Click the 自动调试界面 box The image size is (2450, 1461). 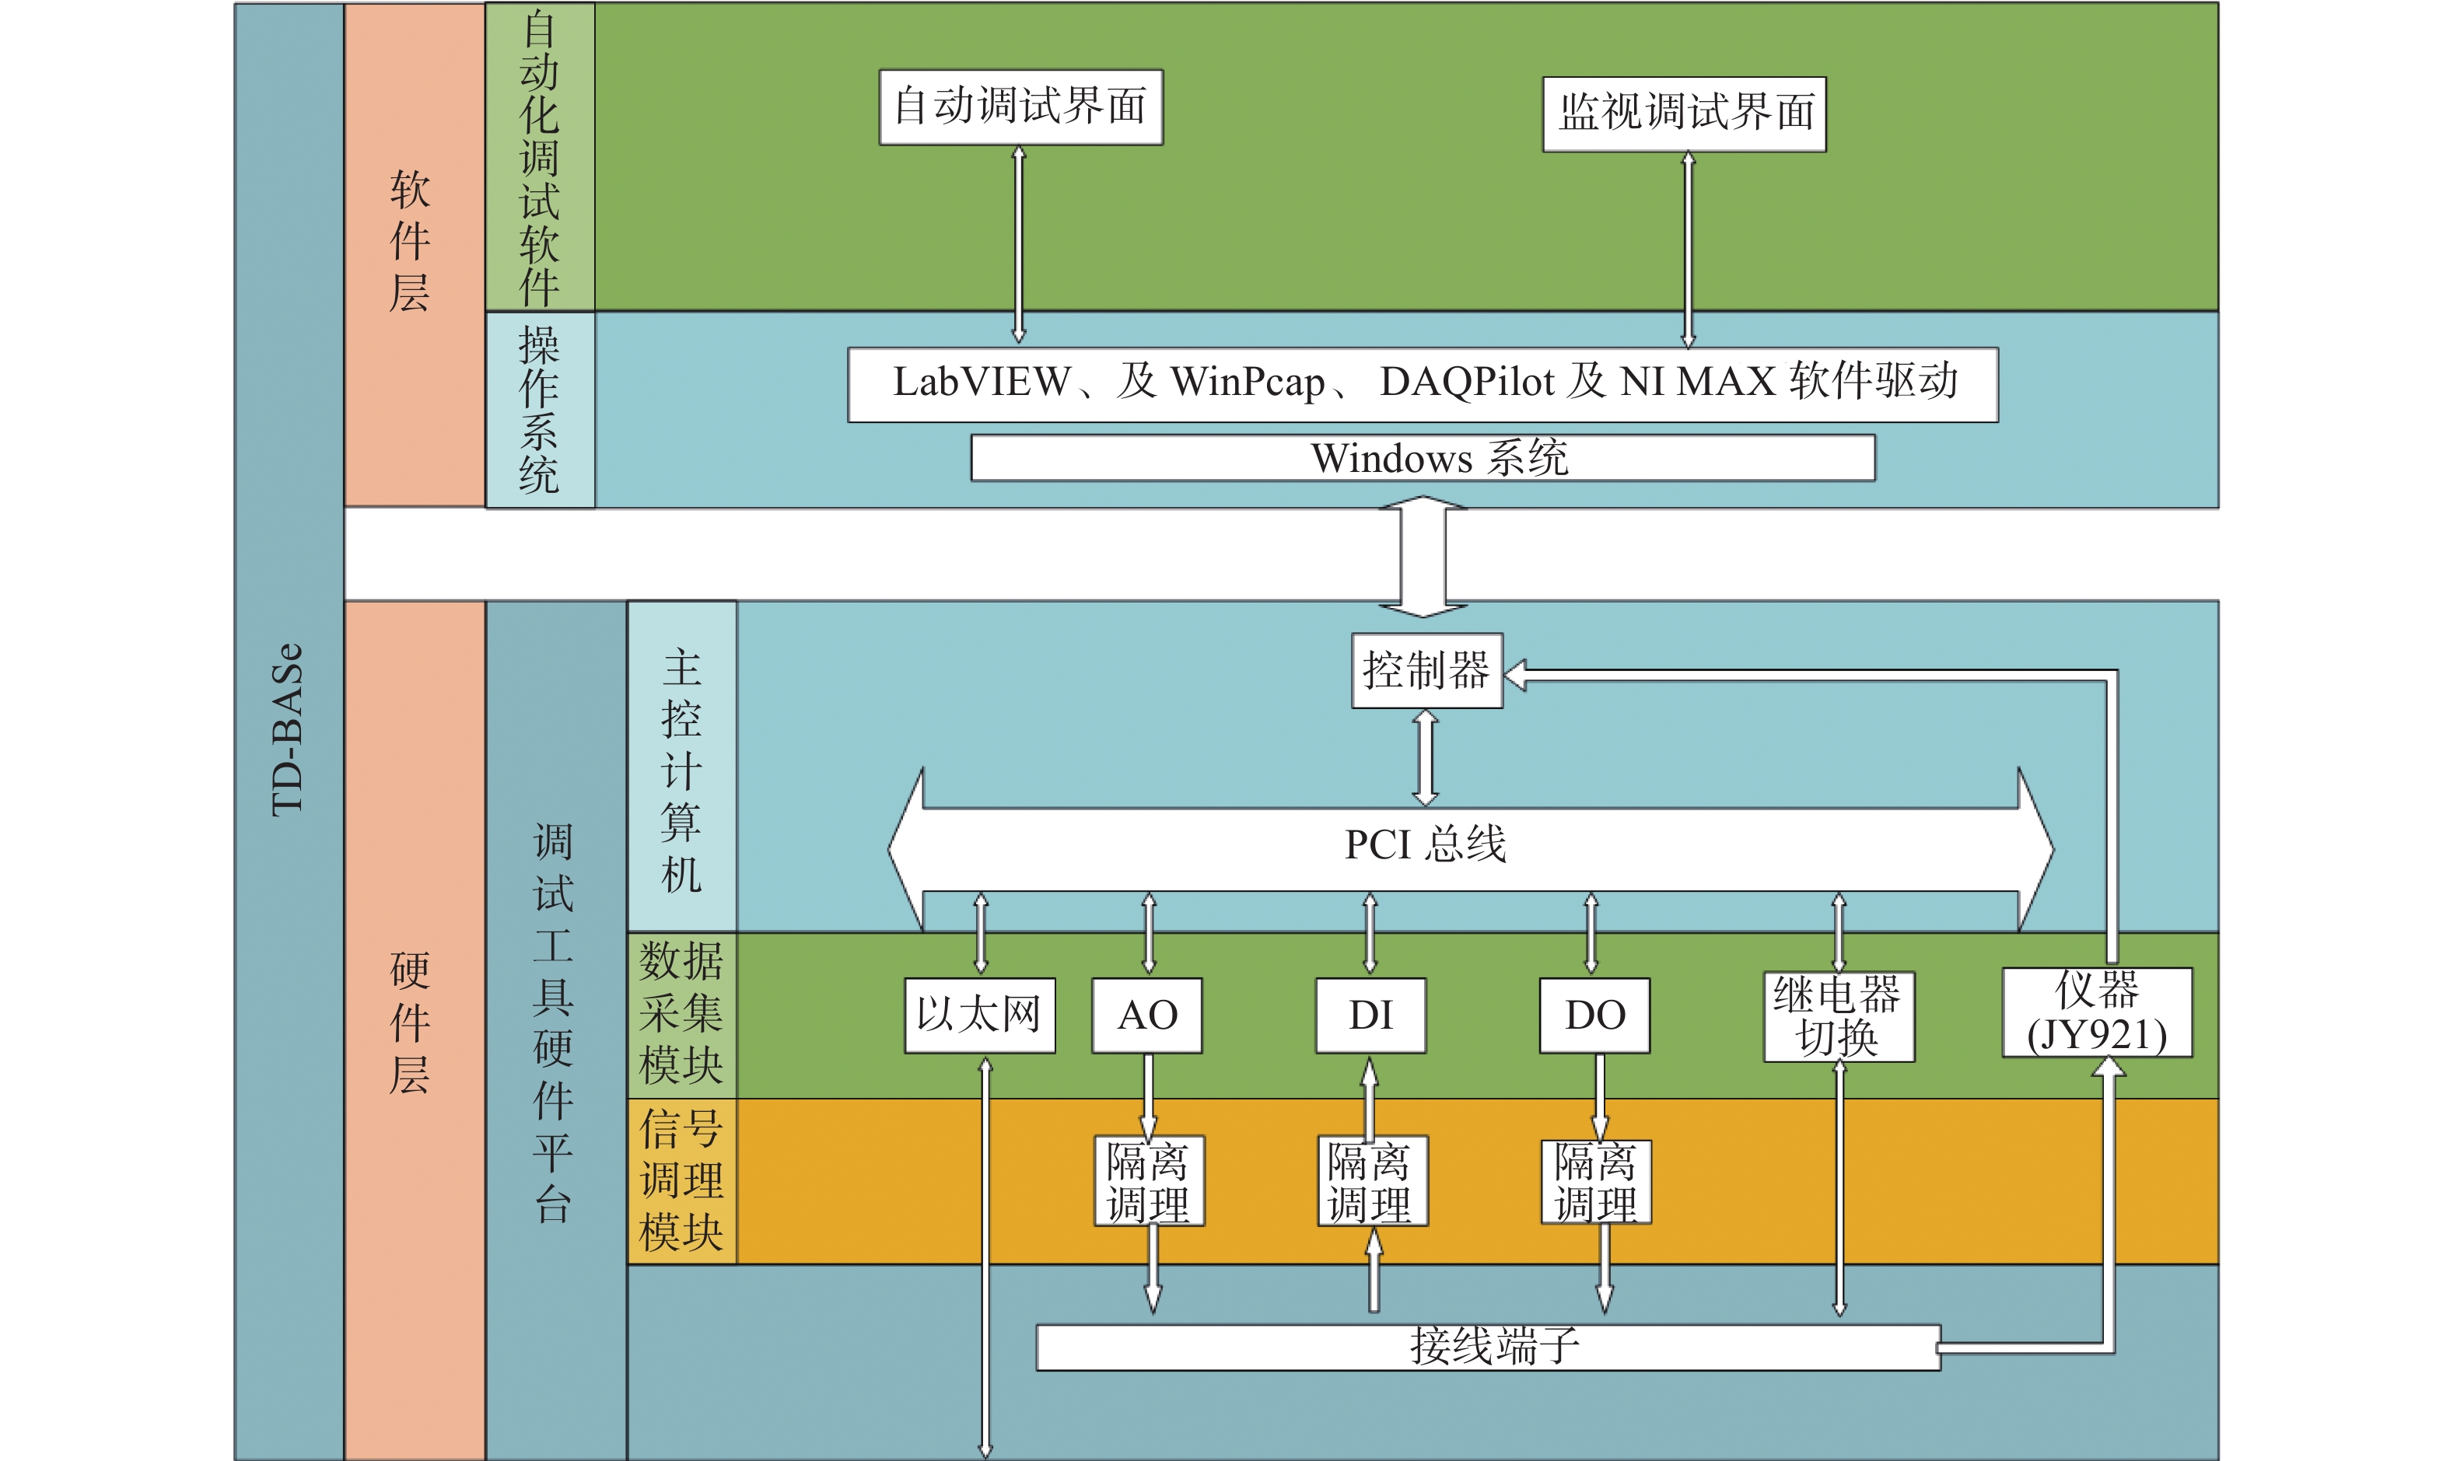[x=1021, y=107]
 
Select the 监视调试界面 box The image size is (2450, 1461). [x=1684, y=114]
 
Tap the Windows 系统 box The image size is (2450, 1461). [x=1423, y=458]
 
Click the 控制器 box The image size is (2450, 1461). [x=1427, y=670]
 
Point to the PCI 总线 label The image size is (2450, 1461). [x=1425, y=844]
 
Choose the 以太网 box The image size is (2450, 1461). [x=980, y=1015]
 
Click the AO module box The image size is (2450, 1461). [x=1147, y=1015]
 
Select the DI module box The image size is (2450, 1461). [x=1370, y=1015]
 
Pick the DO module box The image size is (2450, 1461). [x=1595, y=1015]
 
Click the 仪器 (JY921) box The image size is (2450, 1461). [x=2098, y=1012]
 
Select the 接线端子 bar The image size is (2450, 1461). [x=1488, y=1347]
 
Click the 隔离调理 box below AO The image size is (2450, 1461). [x=1150, y=1180]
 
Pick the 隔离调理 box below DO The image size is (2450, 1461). [x=1596, y=1181]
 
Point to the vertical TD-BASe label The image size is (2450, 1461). [x=288, y=729]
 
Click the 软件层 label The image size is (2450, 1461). [x=410, y=241]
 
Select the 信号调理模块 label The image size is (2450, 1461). [x=681, y=1180]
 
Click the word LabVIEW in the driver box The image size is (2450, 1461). [x=981, y=382]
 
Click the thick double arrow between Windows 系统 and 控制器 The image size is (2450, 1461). [x=1423, y=556]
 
